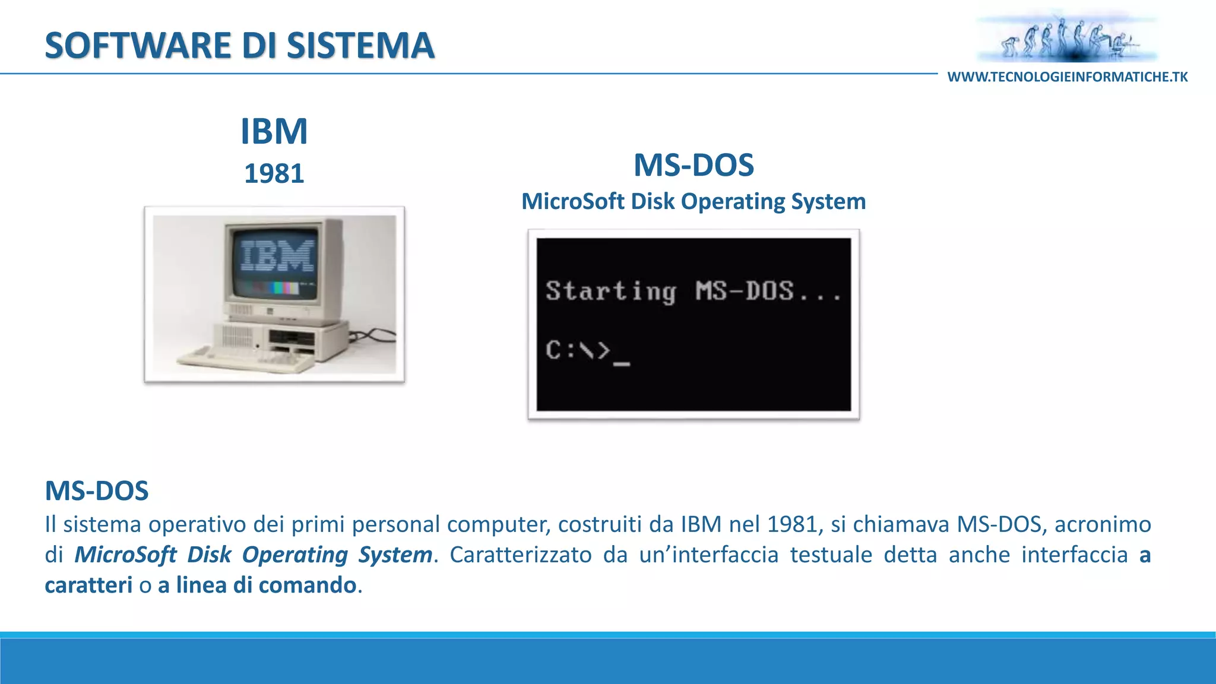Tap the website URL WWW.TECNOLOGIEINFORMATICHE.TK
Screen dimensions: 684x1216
coord(1067,77)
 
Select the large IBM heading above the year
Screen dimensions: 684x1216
coord(274,131)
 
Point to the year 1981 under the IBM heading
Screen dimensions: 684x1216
coord(274,174)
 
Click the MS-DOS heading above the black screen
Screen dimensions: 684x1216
coord(693,165)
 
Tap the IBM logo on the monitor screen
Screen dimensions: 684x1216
coord(277,256)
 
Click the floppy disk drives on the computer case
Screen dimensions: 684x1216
coord(292,340)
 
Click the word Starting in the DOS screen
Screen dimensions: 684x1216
coord(610,292)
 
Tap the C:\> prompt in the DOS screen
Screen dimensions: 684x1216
coord(577,350)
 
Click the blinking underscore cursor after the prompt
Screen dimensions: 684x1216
coord(622,363)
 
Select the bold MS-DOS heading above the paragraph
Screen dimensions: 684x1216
coord(97,491)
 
